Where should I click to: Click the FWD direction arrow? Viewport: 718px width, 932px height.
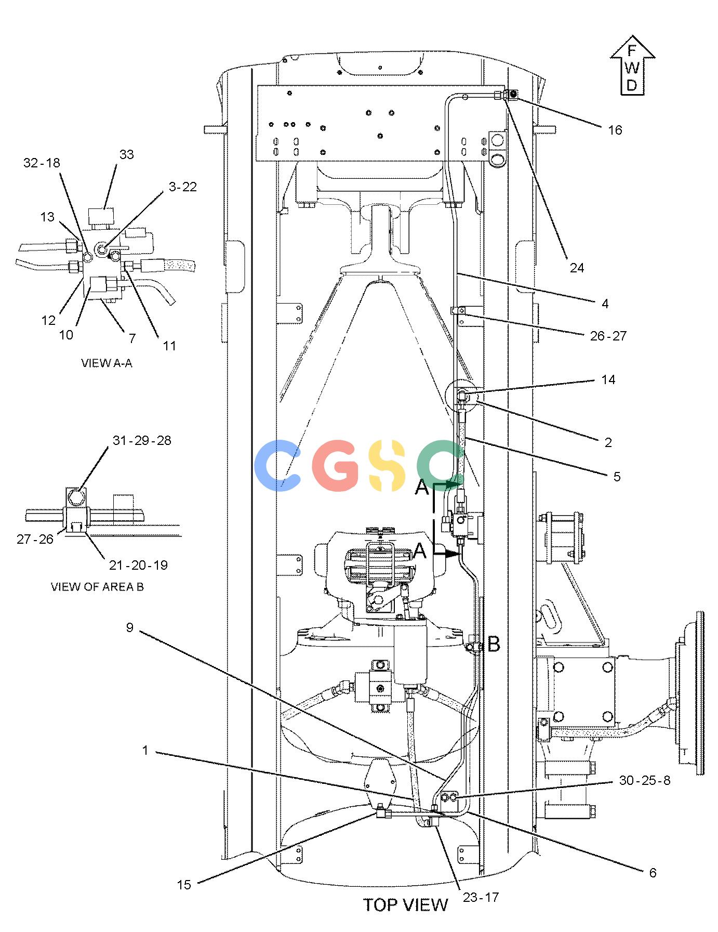coord(632,65)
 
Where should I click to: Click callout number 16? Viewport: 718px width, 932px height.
coord(615,130)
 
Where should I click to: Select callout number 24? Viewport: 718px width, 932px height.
coord(577,268)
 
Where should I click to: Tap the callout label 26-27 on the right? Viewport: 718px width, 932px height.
coord(608,336)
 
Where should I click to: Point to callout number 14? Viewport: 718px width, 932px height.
coord(608,380)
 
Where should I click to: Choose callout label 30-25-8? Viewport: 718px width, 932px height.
coord(645,780)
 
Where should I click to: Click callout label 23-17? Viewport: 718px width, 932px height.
coord(481,897)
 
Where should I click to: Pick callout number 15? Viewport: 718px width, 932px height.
coord(184,884)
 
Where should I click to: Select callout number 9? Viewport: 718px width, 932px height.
coord(130,627)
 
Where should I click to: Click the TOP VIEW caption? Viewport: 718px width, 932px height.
coord(405,905)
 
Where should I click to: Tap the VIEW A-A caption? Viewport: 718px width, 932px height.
coord(107,363)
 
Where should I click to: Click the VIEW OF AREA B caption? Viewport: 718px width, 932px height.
coord(97,586)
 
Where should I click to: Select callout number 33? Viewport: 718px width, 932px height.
coord(126,154)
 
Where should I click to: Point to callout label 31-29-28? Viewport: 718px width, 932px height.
coord(142,440)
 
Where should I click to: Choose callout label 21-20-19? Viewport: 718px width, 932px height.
coord(138,565)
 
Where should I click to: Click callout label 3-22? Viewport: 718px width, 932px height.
coord(183,187)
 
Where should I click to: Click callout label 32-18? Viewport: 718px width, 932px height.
coord(42,163)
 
